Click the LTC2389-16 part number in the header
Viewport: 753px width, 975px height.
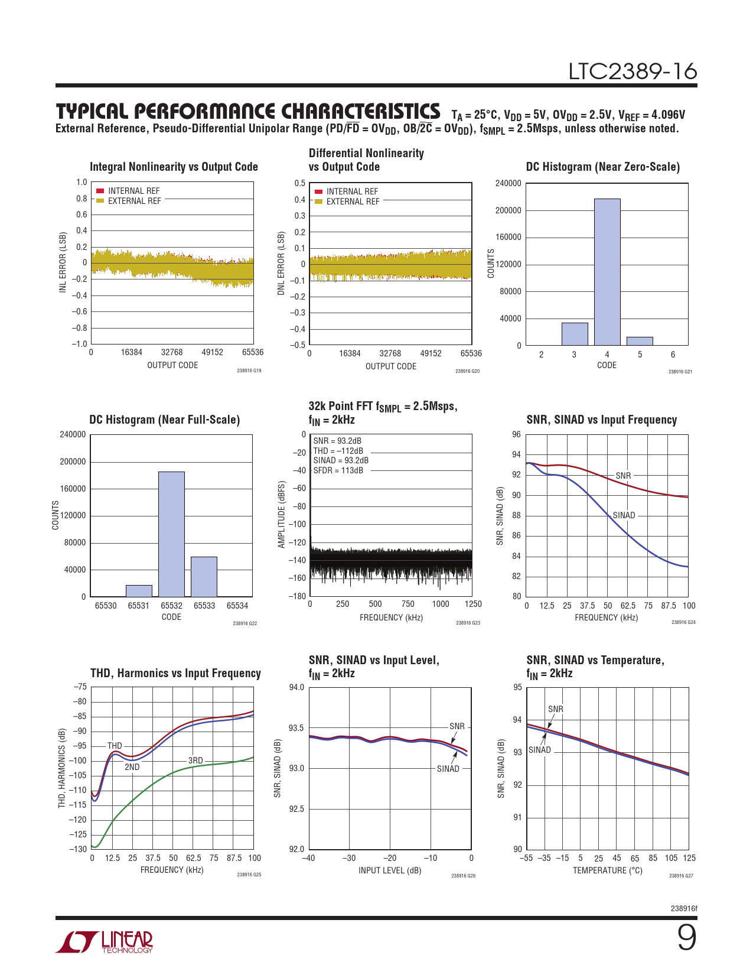click(x=633, y=71)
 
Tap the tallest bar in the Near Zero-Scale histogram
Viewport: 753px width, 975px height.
click(x=607, y=272)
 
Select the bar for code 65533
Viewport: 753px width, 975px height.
click(x=204, y=577)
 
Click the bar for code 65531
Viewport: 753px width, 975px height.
click(x=139, y=591)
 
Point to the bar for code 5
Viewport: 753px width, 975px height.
click(x=640, y=341)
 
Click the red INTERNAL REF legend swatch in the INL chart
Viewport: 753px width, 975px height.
click(x=100, y=191)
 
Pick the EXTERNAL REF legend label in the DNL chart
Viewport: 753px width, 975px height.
click(x=353, y=201)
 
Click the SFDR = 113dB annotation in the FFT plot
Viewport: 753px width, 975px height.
click(x=338, y=470)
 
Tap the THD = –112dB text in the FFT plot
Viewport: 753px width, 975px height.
click(x=338, y=450)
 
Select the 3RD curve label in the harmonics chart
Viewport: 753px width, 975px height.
click(x=195, y=760)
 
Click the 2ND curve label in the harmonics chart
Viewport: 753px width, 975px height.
click(x=132, y=767)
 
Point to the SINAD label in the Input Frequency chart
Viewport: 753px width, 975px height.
click(x=624, y=515)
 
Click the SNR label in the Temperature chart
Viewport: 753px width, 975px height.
click(x=555, y=709)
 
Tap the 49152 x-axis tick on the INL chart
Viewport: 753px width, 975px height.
click(x=212, y=352)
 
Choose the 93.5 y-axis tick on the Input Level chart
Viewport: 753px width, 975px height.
click(x=296, y=728)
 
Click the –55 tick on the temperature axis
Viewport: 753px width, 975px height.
click(x=526, y=858)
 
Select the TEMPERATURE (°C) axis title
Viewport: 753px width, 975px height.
click(x=607, y=870)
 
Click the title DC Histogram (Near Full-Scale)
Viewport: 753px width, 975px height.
click(x=165, y=420)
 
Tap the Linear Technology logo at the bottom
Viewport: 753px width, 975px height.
click(x=104, y=941)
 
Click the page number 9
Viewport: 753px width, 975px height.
click(x=686, y=938)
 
